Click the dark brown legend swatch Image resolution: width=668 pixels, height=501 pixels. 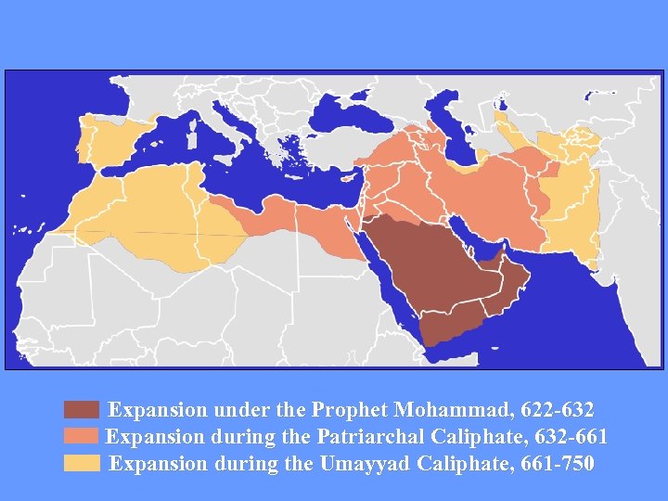tap(82, 410)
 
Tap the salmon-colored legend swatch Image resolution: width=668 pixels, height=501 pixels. tap(82, 436)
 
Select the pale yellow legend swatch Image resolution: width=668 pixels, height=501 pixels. tap(82, 463)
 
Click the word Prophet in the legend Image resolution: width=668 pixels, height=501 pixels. tap(348, 409)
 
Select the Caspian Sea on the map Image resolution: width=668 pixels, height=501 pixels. tap(464, 135)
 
